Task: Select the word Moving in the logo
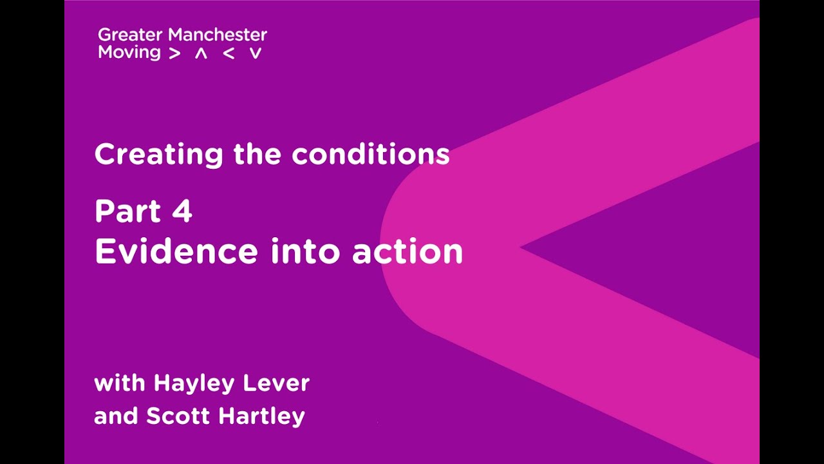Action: point(129,53)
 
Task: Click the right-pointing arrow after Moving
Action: point(174,54)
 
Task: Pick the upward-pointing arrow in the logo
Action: point(201,54)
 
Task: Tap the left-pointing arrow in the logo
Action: point(228,54)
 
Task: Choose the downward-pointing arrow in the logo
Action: point(256,54)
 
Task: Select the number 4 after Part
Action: point(182,211)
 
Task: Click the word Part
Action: point(127,211)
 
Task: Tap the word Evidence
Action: point(176,251)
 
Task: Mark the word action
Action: point(407,251)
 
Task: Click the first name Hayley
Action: point(195,384)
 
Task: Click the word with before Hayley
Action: point(120,383)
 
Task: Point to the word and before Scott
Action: point(116,416)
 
